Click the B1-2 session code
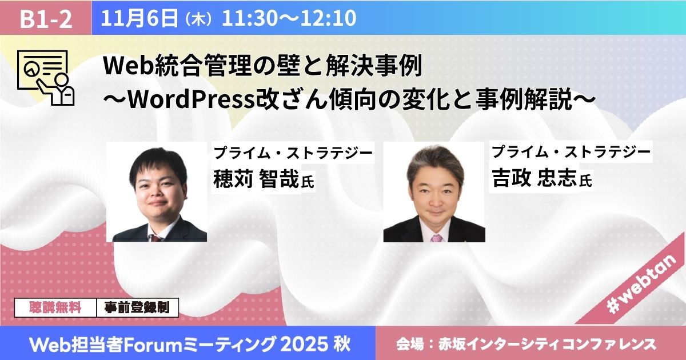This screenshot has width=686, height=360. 46,19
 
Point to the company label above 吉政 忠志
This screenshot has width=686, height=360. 571,153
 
